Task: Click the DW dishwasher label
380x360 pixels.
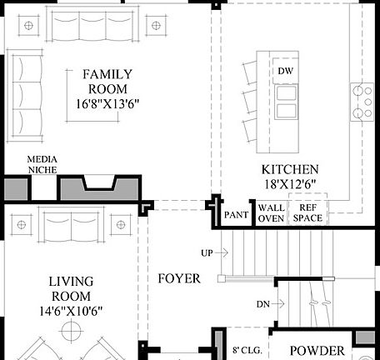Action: click(286, 71)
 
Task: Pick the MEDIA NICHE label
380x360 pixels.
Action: click(42, 163)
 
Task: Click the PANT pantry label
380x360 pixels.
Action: click(237, 215)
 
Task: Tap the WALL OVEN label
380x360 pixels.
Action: click(272, 212)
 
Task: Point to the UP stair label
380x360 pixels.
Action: click(207, 252)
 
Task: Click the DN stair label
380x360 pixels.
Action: click(262, 305)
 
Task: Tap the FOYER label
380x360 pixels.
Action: click(178, 278)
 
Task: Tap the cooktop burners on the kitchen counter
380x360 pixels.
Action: click(363, 102)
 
